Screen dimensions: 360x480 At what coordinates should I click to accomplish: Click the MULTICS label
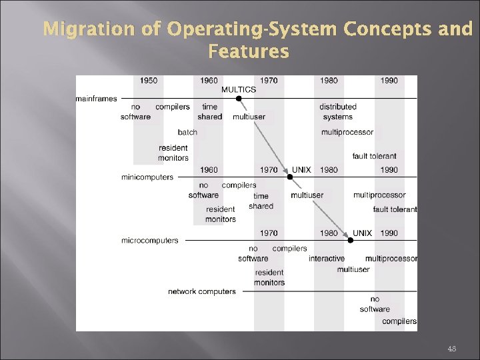(239, 89)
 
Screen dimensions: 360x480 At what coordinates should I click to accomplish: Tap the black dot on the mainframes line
(239, 99)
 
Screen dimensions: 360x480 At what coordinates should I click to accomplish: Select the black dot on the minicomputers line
(289, 177)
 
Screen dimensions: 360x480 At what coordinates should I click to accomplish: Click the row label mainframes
(96, 99)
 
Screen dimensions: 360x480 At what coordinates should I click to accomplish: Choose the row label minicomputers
(147, 177)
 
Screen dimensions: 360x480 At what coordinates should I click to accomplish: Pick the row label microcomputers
(150, 240)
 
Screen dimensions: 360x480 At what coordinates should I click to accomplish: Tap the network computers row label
(202, 291)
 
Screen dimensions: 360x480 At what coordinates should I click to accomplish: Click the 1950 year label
(149, 81)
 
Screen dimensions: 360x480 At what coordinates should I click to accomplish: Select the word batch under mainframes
(187, 132)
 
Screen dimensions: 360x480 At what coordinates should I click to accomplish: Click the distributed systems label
(337, 111)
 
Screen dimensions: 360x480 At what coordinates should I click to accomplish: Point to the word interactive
(327, 259)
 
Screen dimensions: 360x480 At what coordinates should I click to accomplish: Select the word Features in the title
(249, 51)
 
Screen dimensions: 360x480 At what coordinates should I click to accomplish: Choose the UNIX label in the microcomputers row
(363, 233)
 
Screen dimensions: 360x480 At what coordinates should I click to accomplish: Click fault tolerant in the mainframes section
(374, 156)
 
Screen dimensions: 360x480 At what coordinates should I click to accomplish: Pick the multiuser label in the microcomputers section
(353, 269)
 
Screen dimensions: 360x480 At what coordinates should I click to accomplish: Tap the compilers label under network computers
(399, 321)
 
